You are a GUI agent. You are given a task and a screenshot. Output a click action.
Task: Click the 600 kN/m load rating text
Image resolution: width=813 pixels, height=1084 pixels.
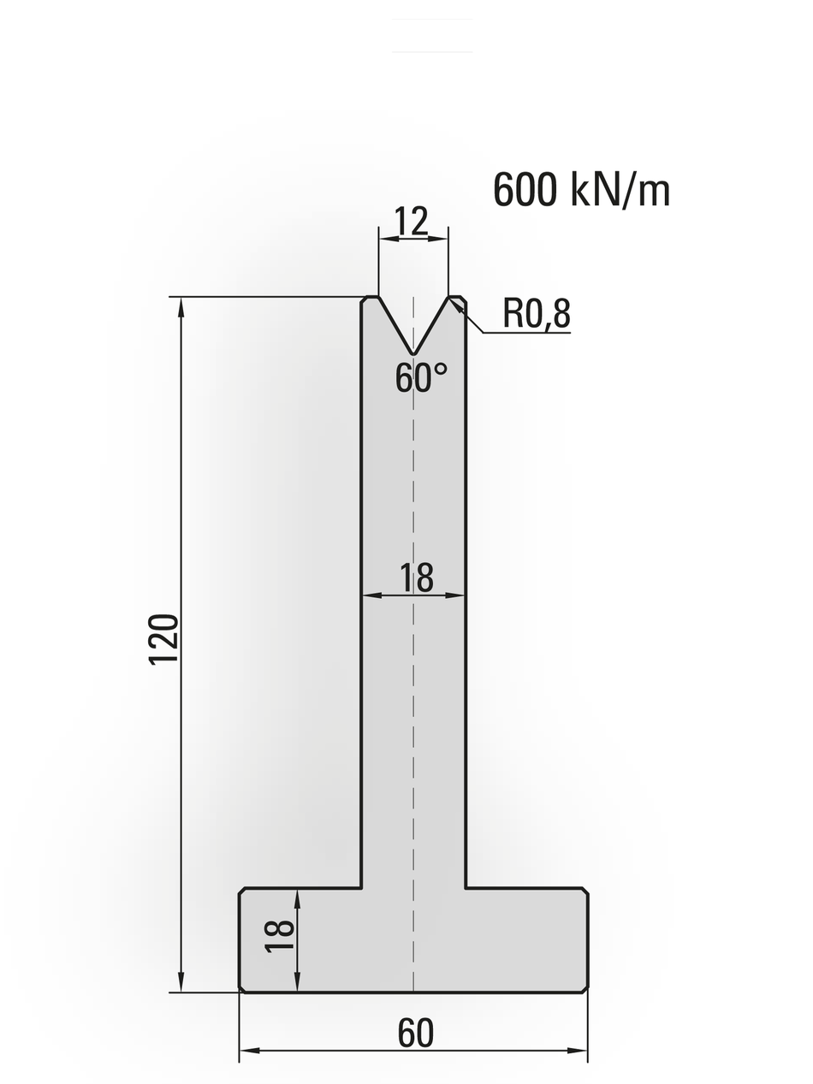(x=581, y=190)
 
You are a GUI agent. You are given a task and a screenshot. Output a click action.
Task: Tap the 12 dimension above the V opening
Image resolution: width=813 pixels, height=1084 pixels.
(x=412, y=222)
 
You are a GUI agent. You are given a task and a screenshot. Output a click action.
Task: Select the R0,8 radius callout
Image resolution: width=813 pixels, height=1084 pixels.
(x=536, y=314)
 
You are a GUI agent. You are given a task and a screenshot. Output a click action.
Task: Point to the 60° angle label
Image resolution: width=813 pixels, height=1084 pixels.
(x=420, y=377)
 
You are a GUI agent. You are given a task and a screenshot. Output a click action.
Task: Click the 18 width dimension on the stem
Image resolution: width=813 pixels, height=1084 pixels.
(x=417, y=578)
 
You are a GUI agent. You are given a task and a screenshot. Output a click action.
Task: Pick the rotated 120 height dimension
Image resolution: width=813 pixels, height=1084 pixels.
(x=163, y=639)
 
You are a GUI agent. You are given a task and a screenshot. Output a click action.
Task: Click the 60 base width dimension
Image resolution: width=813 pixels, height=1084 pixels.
(x=415, y=1034)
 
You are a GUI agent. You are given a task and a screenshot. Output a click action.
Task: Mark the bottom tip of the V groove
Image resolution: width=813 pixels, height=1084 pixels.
(x=413, y=353)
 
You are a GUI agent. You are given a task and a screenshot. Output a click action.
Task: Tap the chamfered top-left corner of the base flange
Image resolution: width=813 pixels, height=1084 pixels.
(x=242, y=891)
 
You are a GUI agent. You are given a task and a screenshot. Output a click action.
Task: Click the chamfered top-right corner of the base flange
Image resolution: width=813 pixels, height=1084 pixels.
(x=585, y=891)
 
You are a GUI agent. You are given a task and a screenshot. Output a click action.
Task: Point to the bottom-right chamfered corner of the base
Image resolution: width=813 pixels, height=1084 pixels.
(x=585, y=989)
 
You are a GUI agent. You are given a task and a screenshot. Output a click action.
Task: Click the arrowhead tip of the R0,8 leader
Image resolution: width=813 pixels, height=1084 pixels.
(x=451, y=300)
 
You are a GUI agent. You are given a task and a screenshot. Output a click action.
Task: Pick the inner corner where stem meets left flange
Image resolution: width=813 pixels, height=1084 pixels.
(x=361, y=888)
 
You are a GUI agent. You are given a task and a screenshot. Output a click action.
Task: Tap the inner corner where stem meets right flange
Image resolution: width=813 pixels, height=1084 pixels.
(x=466, y=888)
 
